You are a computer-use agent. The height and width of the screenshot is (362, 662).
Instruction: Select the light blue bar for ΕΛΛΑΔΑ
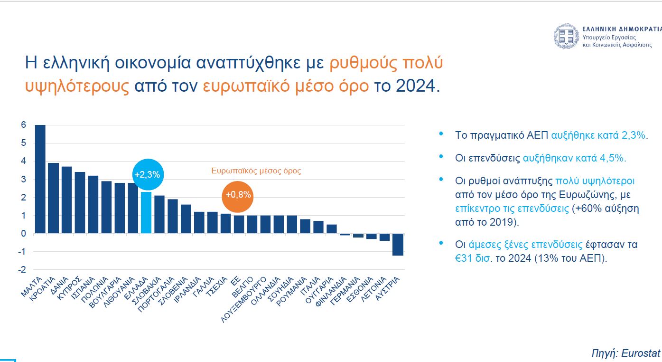[146, 212]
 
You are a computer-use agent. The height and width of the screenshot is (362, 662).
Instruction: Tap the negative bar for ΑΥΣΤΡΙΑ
[398, 244]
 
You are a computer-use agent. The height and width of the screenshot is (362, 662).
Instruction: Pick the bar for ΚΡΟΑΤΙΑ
[54, 198]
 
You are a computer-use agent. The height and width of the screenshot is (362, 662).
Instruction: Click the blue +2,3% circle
[147, 174]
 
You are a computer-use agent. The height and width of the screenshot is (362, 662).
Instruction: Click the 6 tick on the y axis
[23, 125]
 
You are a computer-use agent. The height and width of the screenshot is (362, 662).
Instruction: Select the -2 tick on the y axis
[22, 270]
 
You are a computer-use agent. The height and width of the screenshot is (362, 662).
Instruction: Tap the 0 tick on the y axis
[23, 233]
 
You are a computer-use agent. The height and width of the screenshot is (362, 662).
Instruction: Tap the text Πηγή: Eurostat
[625, 353]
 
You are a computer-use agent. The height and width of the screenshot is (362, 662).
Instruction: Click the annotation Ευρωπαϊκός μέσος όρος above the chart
[256, 171]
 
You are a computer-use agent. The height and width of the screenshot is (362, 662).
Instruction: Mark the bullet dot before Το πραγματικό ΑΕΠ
[442, 134]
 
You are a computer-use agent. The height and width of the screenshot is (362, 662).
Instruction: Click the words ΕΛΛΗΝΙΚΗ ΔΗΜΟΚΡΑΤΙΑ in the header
[622, 29]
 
